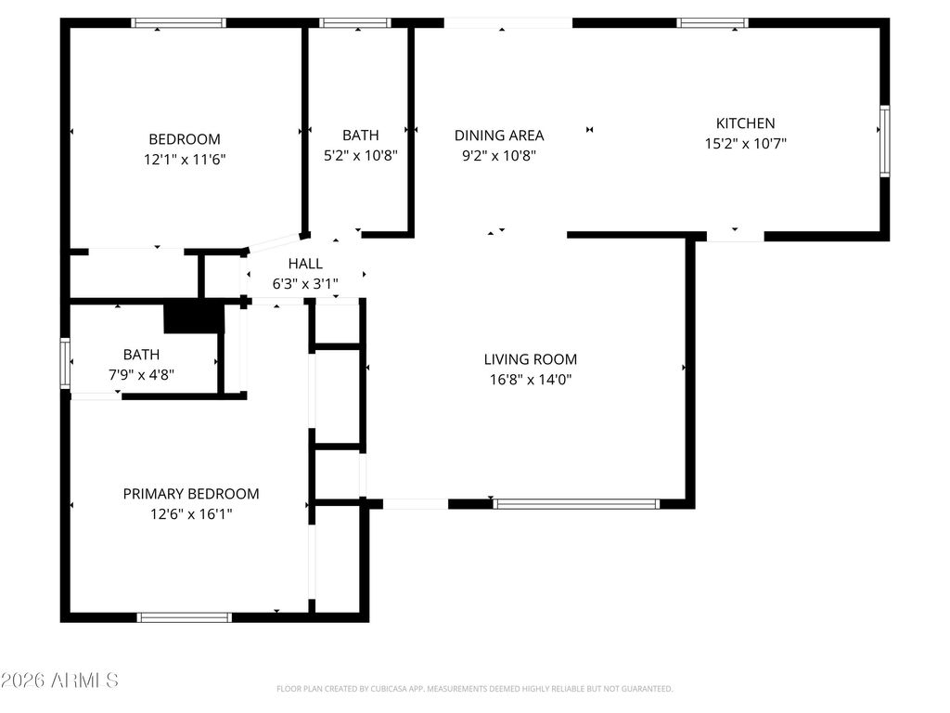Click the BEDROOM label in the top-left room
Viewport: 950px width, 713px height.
(x=185, y=139)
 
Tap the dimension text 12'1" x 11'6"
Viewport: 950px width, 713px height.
(x=185, y=160)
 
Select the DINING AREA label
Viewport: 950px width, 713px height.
(x=499, y=136)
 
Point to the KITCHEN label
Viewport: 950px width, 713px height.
(x=745, y=123)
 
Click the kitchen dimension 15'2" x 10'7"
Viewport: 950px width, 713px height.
(x=745, y=144)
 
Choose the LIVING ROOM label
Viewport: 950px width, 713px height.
(x=530, y=359)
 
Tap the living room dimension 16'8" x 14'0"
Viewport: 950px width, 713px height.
(x=530, y=380)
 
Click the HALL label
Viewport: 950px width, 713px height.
(x=305, y=264)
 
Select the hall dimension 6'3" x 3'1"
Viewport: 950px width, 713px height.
(x=305, y=284)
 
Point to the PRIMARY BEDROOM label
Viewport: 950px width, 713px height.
(x=191, y=494)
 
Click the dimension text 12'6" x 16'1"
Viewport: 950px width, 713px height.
(x=191, y=514)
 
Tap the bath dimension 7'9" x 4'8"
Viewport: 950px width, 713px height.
(x=141, y=375)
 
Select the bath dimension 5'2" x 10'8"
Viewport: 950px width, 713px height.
(x=360, y=156)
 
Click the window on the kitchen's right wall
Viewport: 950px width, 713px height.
(x=884, y=141)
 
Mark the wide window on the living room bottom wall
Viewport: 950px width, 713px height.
(x=576, y=504)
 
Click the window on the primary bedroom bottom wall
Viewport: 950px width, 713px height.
(x=184, y=617)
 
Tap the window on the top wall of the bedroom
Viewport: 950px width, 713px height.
(x=178, y=23)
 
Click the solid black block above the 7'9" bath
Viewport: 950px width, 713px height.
(x=194, y=318)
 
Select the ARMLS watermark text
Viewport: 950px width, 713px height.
(x=60, y=681)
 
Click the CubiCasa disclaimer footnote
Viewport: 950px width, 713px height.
(x=474, y=689)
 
